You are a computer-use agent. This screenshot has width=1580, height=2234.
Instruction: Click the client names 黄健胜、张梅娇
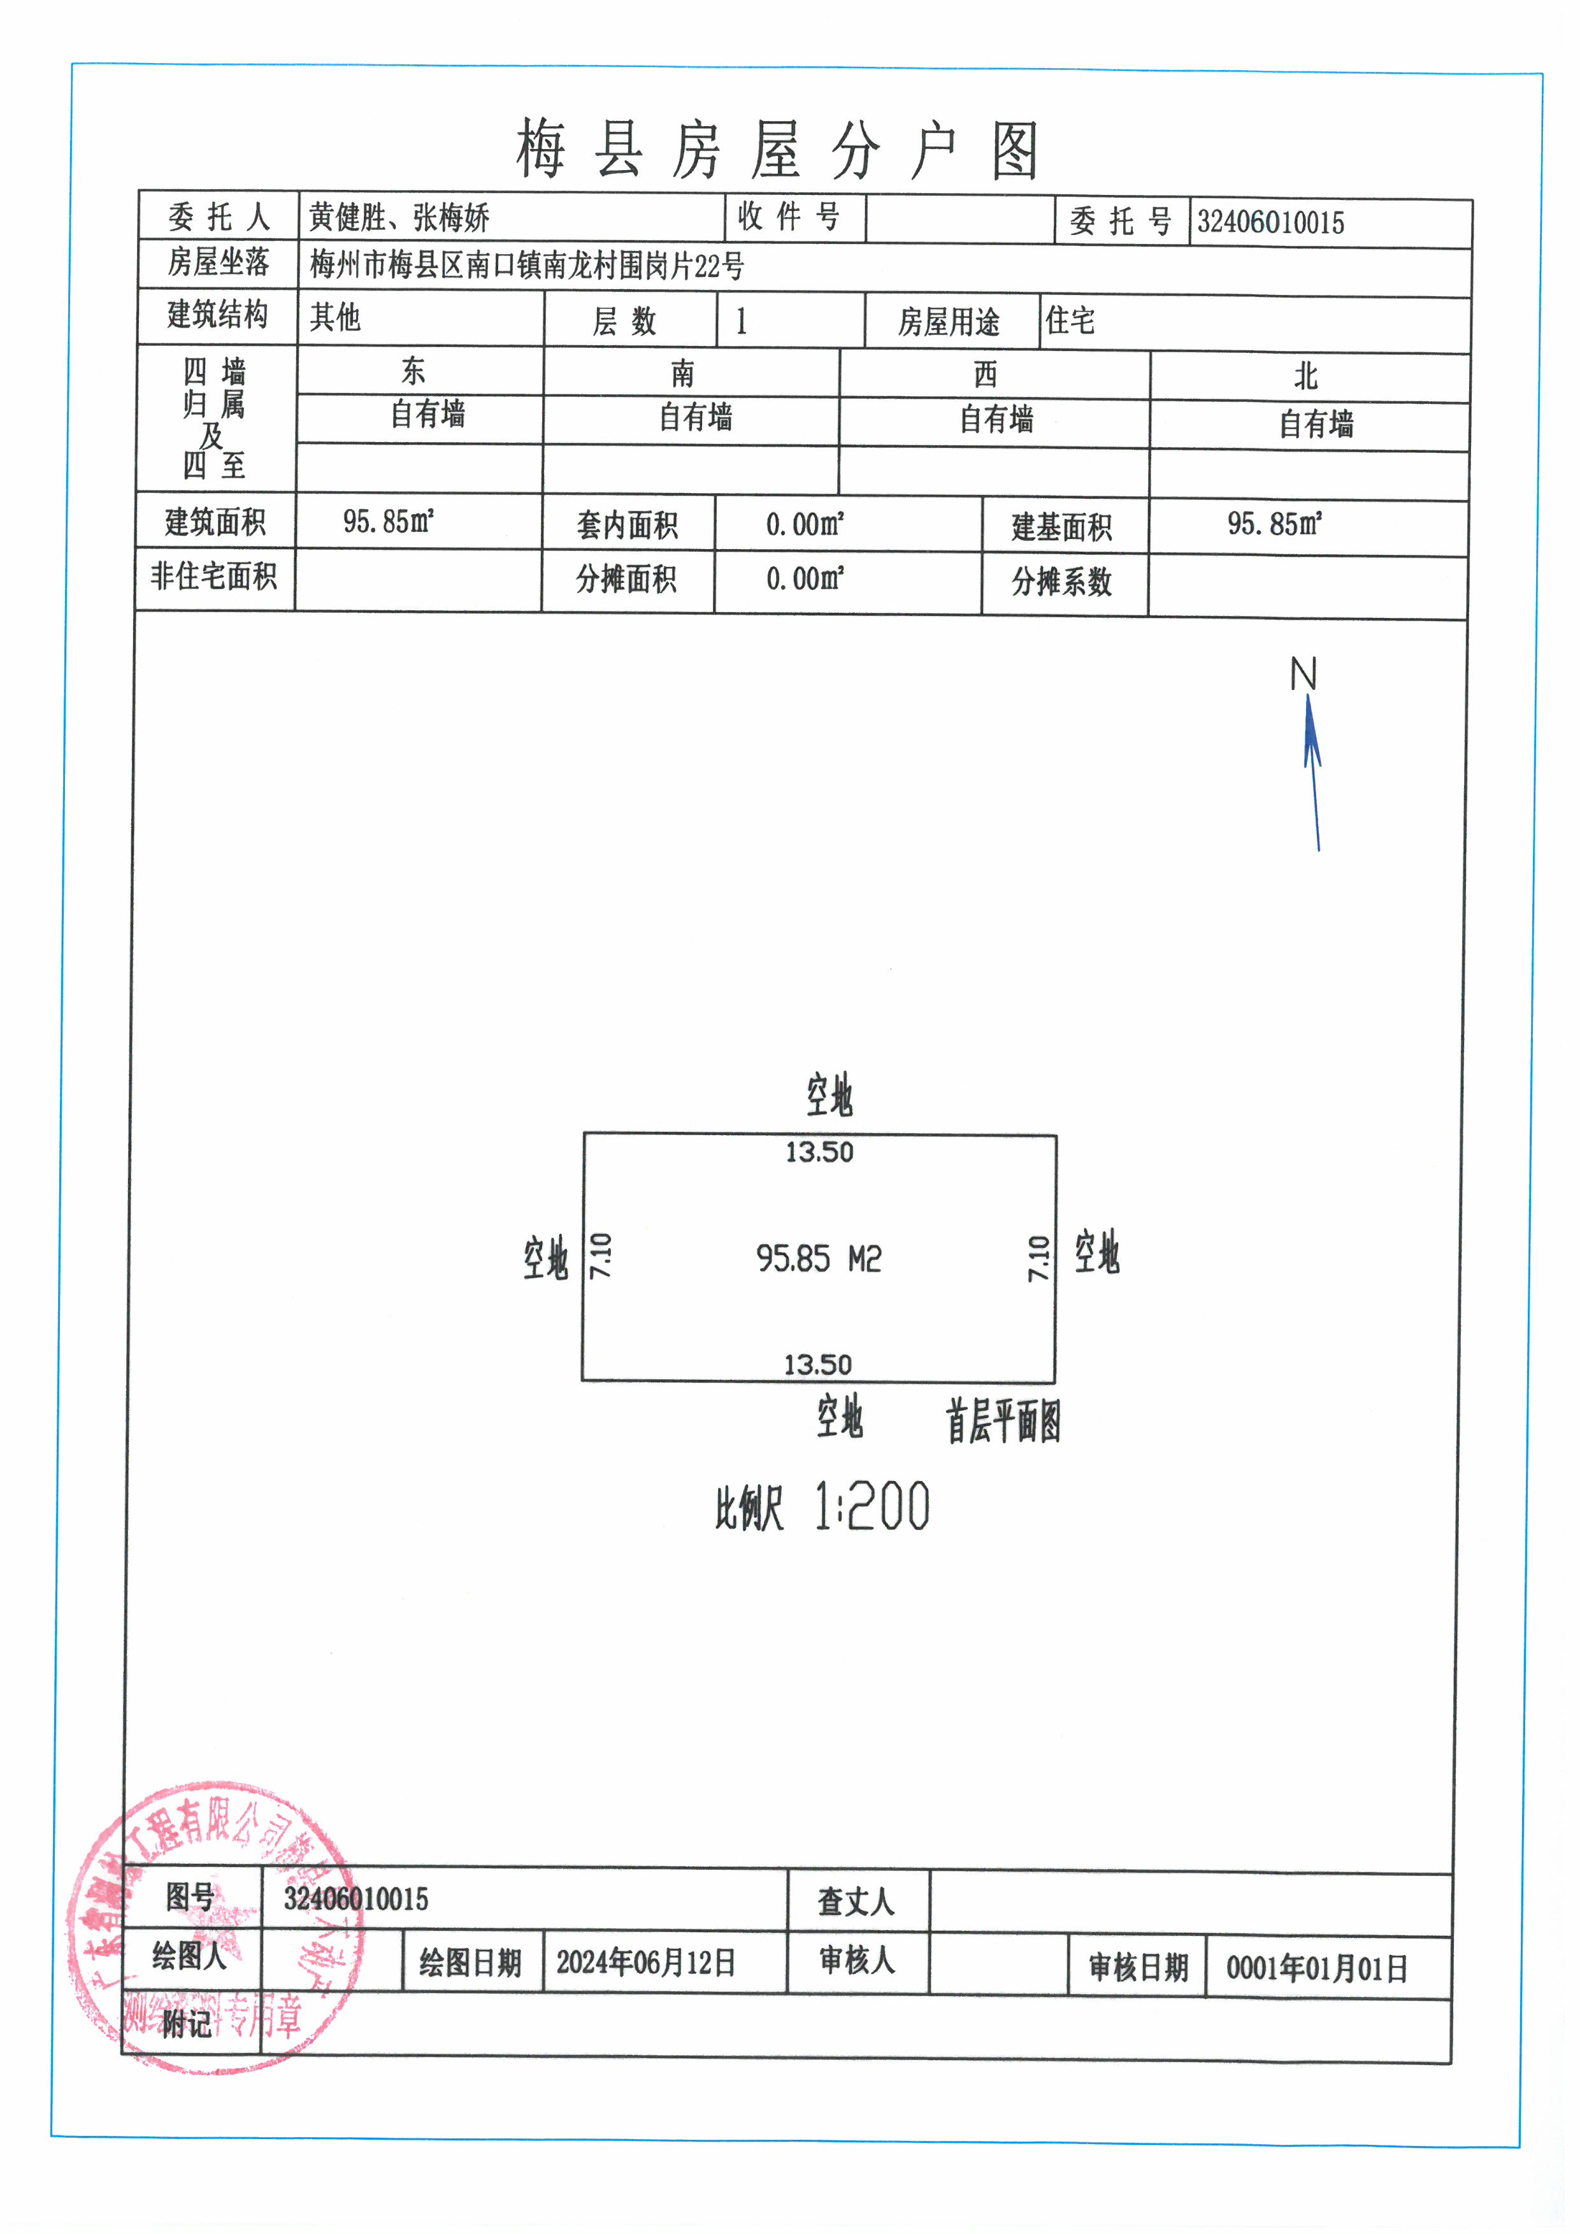tap(399, 217)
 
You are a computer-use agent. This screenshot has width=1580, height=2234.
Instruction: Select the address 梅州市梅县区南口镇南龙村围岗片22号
tap(526, 264)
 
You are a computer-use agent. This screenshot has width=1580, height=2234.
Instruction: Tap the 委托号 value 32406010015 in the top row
tap(1270, 223)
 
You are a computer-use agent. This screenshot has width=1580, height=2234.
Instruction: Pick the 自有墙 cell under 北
tap(1316, 424)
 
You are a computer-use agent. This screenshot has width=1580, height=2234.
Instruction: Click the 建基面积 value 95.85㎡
tap(1274, 524)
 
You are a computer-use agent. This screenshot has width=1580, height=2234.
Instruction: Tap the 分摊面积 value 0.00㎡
tap(805, 579)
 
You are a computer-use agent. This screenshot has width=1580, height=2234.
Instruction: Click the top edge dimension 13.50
tap(819, 1153)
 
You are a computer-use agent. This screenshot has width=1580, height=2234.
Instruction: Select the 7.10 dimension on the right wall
tap(1039, 1258)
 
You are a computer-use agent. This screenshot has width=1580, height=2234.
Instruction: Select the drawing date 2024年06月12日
tap(645, 1963)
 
